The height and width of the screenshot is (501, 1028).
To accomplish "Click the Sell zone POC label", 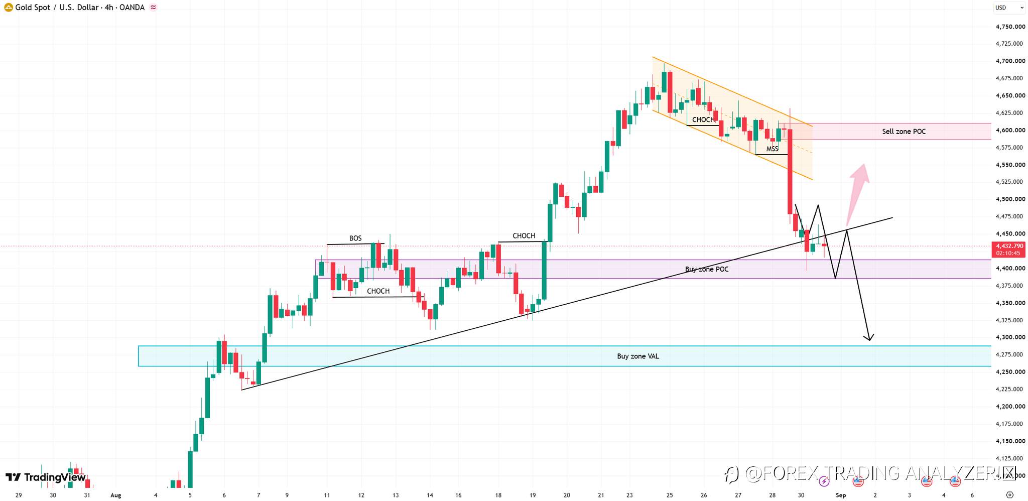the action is click(x=904, y=132).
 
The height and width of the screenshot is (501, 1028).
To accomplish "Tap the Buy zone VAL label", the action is click(x=638, y=356).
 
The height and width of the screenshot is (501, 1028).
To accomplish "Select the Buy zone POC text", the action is click(x=707, y=270).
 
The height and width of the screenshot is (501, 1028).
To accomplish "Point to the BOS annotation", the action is click(x=355, y=238).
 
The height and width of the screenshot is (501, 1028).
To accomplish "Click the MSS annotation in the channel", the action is click(x=772, y=149).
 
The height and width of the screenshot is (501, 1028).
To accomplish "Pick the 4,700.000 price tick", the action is click(x=1010, y=61).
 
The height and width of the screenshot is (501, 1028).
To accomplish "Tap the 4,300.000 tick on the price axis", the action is click(x=1010, y=337).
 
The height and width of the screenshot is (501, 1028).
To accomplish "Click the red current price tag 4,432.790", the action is click(x=1009, y=249).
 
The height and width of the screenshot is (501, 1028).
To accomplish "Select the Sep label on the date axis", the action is click(x=841, y=495).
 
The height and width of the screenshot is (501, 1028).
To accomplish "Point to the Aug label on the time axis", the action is click(x=116, y=495).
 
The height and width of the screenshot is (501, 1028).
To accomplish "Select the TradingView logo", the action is click(x=46, y=477).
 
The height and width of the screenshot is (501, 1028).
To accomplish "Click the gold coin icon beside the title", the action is click(x=8, y=8).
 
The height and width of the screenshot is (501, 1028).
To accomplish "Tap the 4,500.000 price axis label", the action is click(x=1010, y=199).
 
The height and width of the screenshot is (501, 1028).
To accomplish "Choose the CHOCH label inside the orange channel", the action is click(x=703, y=120).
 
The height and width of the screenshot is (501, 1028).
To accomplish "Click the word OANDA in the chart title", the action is click(x=132, y=8).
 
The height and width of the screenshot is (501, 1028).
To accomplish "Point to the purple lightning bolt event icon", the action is click(x=824, y=482).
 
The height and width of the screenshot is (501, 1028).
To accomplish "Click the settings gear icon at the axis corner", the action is click(x=1010, y=495).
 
